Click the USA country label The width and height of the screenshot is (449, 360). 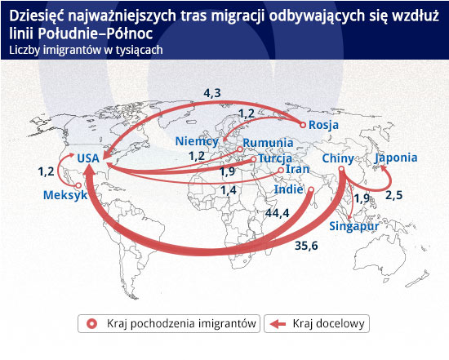[x=88, y=158]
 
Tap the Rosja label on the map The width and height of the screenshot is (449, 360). [x=323, y=125]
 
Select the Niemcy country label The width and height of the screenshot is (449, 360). [x=197, y=141]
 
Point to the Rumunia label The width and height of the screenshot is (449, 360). [x=268, y=143]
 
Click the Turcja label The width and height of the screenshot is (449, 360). [x=275, y=158]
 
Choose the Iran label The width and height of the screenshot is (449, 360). [x=298, y=169]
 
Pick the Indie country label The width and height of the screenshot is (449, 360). [x=289, y=189]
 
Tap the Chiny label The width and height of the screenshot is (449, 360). [x=338, y=158]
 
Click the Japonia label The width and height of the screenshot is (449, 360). [x=396, y=158]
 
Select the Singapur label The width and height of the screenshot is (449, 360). [x=354, y=226]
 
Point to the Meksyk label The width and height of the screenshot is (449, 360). [x=65, y=195]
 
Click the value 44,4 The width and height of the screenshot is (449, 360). [x=278, y=213]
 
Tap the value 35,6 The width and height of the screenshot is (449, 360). [x=306, y=246]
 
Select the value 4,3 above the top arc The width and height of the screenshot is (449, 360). [x=212, y=93]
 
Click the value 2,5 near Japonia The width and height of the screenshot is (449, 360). [x=394, y=195]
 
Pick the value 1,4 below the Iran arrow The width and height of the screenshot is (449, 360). [x=229, y=190]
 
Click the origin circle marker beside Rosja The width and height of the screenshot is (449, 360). [x=303, y=125]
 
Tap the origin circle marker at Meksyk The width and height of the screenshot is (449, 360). [x=78, y=185]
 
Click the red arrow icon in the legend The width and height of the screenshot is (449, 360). [x=278, y=324]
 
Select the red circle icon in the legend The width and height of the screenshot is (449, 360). [x=92, y=324]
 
